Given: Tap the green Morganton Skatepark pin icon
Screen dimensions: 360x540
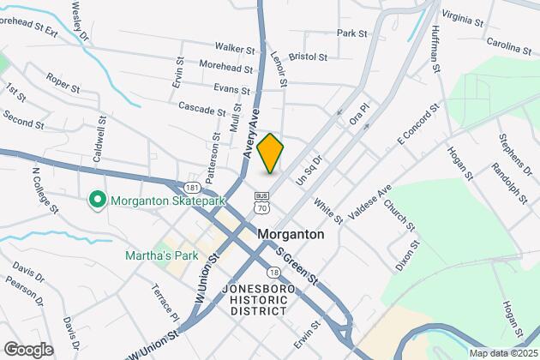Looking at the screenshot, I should coord(97,201).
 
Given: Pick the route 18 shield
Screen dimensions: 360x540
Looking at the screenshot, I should coord(272,271).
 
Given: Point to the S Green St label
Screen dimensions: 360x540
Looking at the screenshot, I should coord(296,266).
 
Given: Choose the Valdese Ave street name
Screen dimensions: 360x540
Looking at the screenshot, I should coord(369,199).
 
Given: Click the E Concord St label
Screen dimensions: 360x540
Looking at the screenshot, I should coord(417,123).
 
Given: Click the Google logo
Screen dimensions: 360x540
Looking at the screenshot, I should coord(28,349).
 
